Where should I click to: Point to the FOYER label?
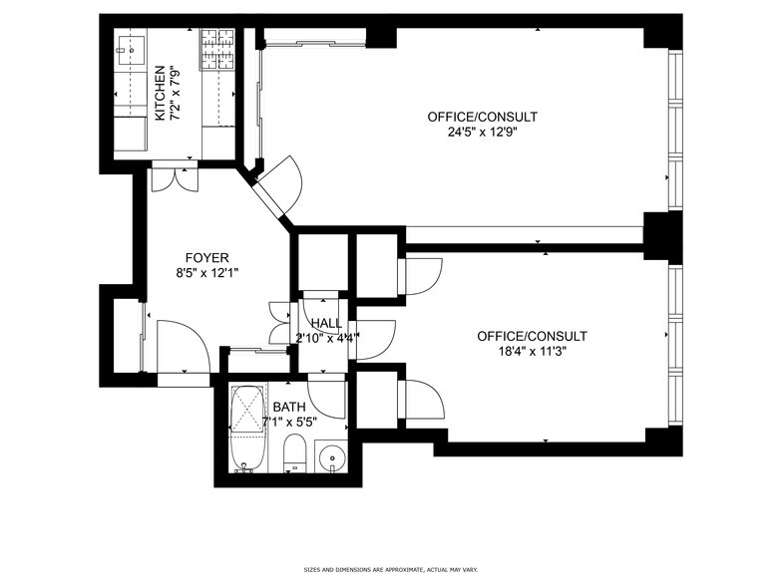pyautogui.click(x=206, y=256)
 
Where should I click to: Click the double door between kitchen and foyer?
pyautogui.click(x=174, y=175)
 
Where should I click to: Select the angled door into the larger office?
pyautogui.click(x=281, y=185)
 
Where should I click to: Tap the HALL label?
pyautogui.click(x=326, y=323)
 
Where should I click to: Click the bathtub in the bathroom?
pyautogui.click(x=244, y=429)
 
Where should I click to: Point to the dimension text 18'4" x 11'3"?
pyautogui.click(x=532, y=351)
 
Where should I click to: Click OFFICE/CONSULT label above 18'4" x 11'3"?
pyautogui.click(x=532, y=336)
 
